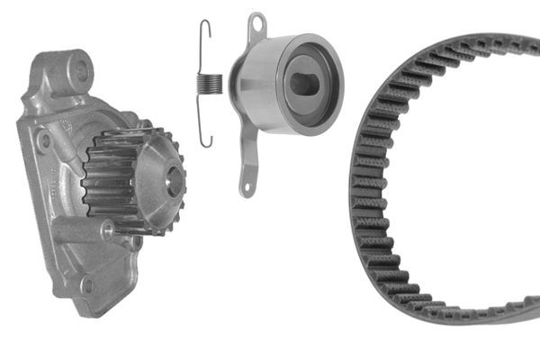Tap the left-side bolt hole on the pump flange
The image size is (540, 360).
42,141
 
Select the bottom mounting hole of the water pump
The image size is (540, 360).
87,287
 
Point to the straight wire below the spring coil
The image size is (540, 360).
204,117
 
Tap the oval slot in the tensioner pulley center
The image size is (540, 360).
305,84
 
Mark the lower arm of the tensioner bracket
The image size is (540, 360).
249,162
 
